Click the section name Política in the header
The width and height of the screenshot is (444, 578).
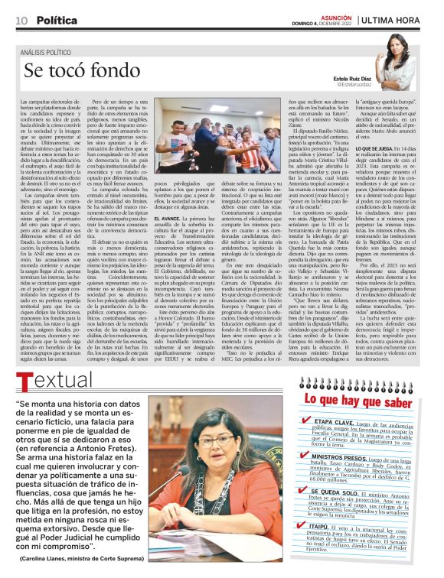[56, 19]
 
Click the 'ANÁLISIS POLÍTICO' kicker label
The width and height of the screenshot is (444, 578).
[51, 51]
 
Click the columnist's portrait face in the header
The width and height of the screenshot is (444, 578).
[399, 47]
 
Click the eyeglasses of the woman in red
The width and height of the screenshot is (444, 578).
[217, 440]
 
